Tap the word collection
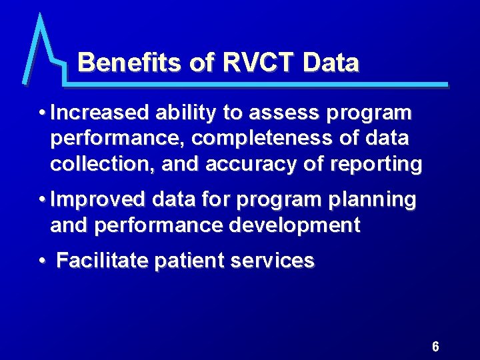click(x=95, y=164)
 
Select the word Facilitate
click(x=102, y=261)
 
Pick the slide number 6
click(x=435, y=347)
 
